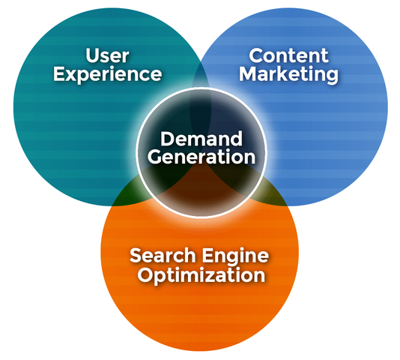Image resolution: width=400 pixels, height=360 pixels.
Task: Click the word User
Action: [x=107, y=55]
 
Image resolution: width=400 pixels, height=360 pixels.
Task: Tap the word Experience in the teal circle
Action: [x=107, y=75]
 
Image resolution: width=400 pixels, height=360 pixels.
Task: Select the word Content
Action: [x=289, y=55]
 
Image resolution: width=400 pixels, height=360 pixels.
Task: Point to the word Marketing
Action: [x=289, y=75]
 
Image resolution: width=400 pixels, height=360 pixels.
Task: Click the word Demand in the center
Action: [x=201, y=139]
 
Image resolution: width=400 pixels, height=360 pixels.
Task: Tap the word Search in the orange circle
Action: [x=163, y=255]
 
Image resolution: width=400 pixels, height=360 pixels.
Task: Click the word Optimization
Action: [x=201, y=275]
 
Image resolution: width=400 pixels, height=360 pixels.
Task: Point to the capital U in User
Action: [x=93, y=55]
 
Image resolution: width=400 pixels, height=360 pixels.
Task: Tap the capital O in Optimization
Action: [x=145, y=274]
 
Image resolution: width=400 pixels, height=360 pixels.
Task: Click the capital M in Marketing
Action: [x=249, y=73]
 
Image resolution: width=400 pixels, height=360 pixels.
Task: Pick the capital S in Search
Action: [x=136, y=255]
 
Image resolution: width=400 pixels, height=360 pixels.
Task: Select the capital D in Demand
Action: [x=167, y=139]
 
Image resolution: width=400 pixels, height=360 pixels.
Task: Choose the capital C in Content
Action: [x=256, y=55]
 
